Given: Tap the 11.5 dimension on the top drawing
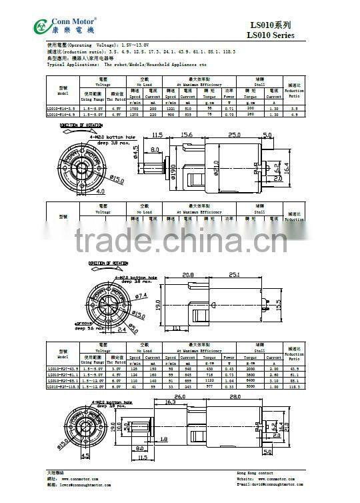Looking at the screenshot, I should pyautogui.click(x=157, y=135).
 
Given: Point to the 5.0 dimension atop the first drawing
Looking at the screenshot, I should pyautogui.click(x=268, y=135).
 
